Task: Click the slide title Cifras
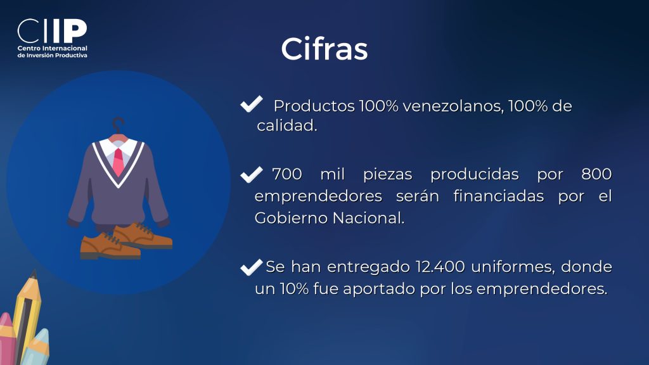tap(324, 49)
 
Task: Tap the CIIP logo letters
tap(52, 31)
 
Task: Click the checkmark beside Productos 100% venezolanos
tap(251, 104)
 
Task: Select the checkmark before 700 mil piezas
tap(251, 174)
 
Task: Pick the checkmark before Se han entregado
tap(251, 267)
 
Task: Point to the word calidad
tap(287, 126)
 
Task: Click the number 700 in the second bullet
tap(287, 174)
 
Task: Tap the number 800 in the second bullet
tap(596, 174)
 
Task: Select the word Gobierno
tap(291, 218)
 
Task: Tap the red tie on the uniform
tap(119, 162)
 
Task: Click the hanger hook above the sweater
tap(118, 124)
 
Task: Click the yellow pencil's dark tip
tap(34, 274)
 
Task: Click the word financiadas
tap(498, 196)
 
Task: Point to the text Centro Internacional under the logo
tap(52, 48)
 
